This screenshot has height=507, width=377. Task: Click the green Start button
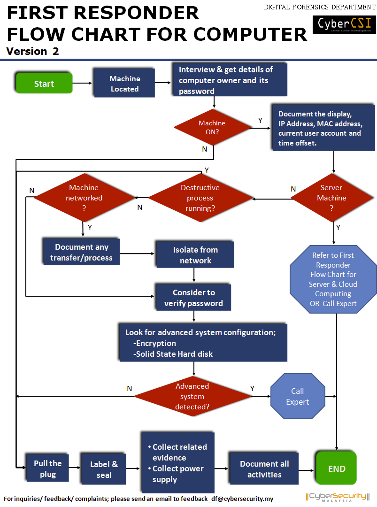[x=44, y=84]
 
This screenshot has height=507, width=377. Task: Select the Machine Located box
[x=124, y=84]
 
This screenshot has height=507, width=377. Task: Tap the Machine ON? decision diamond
[x=212, y=127]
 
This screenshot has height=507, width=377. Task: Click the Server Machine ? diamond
[x=331, y=198]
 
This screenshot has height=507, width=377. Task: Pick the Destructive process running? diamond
[x=200, y=198]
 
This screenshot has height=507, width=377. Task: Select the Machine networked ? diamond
[x=84, y=198]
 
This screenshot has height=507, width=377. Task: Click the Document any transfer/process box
[x=81, y=253]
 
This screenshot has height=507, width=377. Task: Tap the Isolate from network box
[x=195, y=255]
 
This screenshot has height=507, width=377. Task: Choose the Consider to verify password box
[x=193, y=298]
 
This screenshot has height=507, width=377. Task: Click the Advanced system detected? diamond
[x=192, y=396]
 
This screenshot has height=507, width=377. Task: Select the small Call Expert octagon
[x=298, y=396]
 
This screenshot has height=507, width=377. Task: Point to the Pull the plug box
[x=47, y=469]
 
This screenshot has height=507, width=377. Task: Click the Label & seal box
[x=104, y=469]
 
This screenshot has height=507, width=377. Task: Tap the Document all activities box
[x=264, y=469]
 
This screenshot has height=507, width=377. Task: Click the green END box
[x=337, y=469]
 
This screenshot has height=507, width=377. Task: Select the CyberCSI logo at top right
[x=344, y=24]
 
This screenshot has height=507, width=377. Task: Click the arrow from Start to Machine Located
[x=83, y=84]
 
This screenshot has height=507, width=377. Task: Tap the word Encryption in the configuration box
[x=156, y=343]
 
